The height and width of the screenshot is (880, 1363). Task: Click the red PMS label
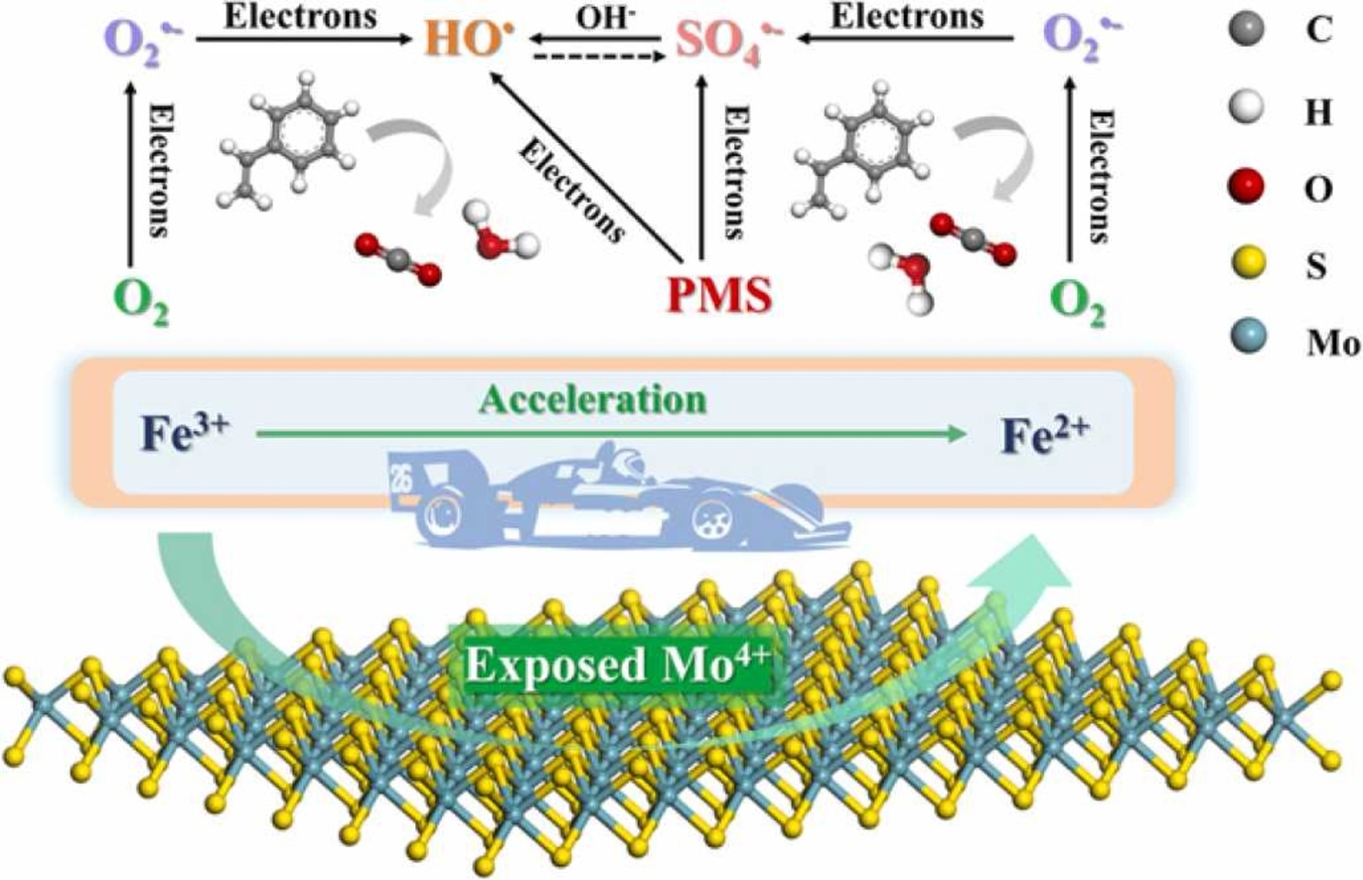(718, 296)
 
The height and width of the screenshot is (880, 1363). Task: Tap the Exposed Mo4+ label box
(616, 664)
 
